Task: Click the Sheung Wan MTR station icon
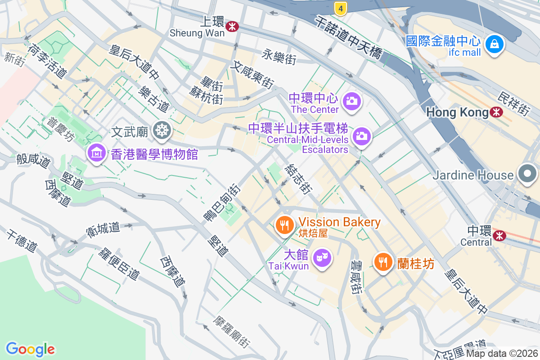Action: click(x=232, y=27)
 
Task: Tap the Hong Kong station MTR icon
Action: click(x=497, y=112)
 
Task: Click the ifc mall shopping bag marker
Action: click(x=495, y=44)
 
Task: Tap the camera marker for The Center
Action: click(x=352, y=100)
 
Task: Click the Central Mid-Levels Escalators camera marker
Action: click(x=361, y=135)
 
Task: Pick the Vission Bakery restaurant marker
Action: click(x=284, y=225)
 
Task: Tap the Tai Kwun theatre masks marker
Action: click(x=322, y=258)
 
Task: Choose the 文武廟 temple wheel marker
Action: click(x=161, y=130)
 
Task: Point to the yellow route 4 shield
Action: click(x=341, y=8)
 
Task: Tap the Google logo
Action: click(x=30, y=349)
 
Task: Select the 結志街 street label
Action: click(x=298, y=179)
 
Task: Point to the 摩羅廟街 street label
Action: click(x=232, y=332)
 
